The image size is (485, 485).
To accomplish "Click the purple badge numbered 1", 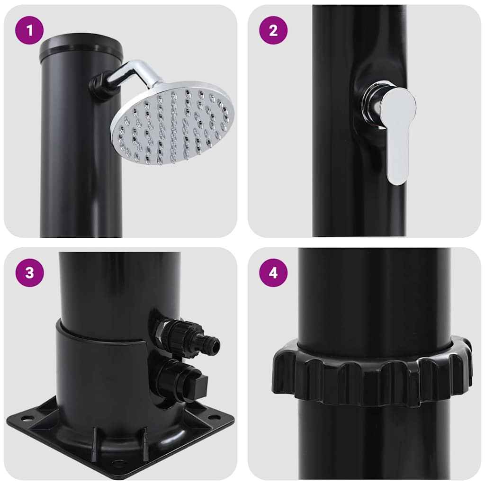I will [29, 31].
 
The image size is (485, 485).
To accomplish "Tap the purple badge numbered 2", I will [273, 31].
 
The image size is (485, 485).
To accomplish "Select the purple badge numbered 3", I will [29, 273].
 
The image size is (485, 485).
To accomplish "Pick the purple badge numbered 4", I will [273, 273].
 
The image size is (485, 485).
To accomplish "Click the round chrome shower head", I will [173, 123].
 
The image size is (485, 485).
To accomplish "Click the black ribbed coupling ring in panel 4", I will [372, 372].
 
